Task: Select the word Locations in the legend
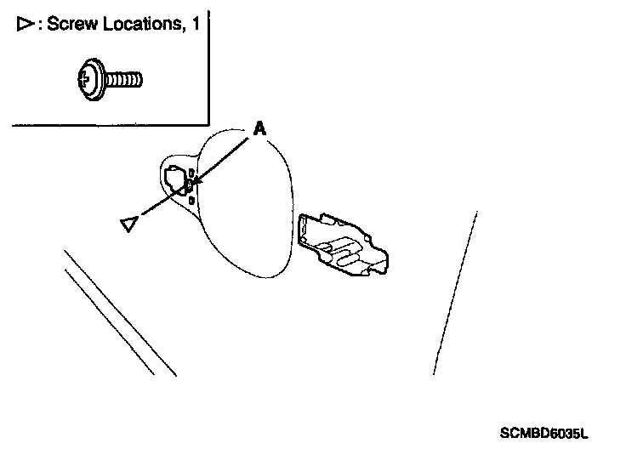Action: [x=137, y=24]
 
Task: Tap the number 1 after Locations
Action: [x=195, y=24]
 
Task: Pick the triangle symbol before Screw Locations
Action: [x=23, y=24]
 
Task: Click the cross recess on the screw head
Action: [x=82, y=80]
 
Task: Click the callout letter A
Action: [x=260, y=128]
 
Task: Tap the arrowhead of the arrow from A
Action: [x=195, y=181]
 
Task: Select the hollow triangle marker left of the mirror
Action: [x=129, y=224]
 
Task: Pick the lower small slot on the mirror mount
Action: [x=191, y=200]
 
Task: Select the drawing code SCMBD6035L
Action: [x=543, y=433]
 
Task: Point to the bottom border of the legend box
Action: [x=111, y=125]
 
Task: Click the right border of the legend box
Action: [x=208, y=68]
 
